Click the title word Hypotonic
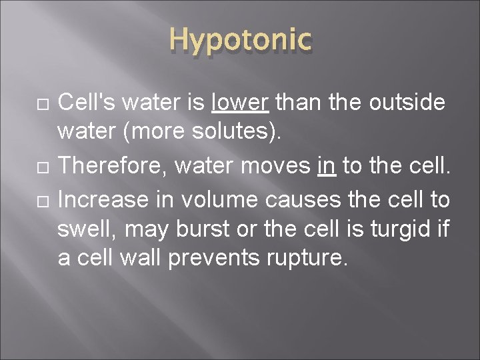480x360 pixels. [239, 42]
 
